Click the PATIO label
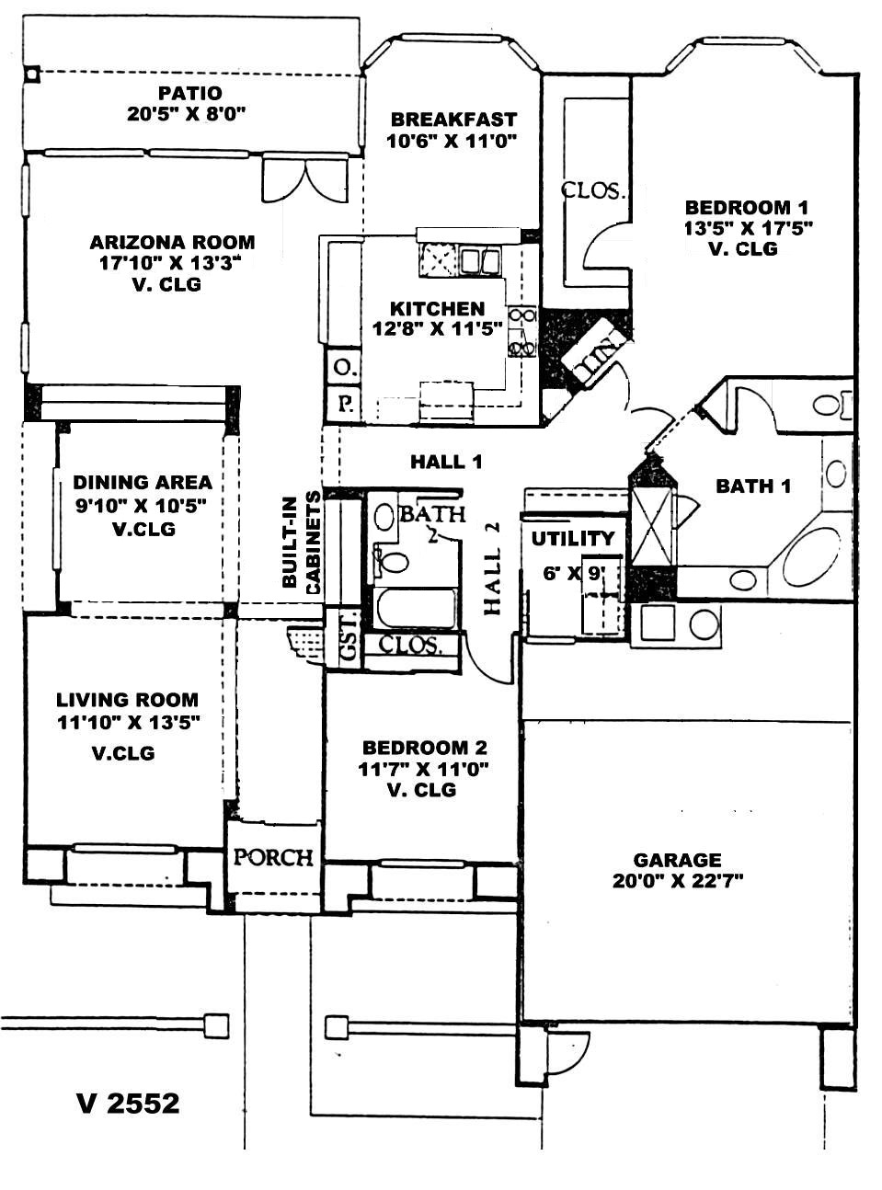(x=190, y=93)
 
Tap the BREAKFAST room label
(x=453, y=120)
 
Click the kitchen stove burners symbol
(x=522, y=332)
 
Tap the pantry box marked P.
(x=343, y=404)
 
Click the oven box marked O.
(x=342, y=368)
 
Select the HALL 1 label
(x=446, y=462)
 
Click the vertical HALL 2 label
(x=492, y=568)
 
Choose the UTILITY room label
(x=573, y=539)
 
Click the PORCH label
(x=273, y=858)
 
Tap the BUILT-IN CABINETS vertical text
(x=301, y=543)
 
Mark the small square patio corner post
(x=33, y=73)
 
